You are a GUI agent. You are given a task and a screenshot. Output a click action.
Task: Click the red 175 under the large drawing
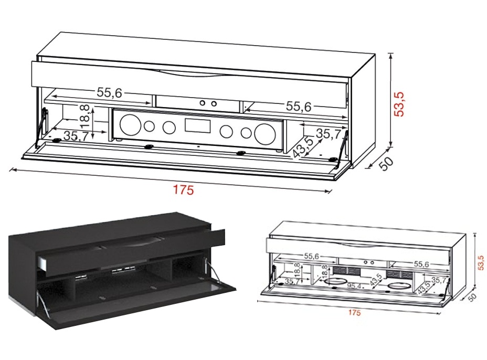(184, 190)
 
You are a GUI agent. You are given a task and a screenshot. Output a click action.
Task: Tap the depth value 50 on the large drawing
(387, 163)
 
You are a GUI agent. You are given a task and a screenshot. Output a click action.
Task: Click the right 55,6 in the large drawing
(299, 107)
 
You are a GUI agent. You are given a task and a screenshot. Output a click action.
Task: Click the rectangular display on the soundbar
(198, 126)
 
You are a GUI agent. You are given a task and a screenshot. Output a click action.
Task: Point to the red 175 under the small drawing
(355, 313)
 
